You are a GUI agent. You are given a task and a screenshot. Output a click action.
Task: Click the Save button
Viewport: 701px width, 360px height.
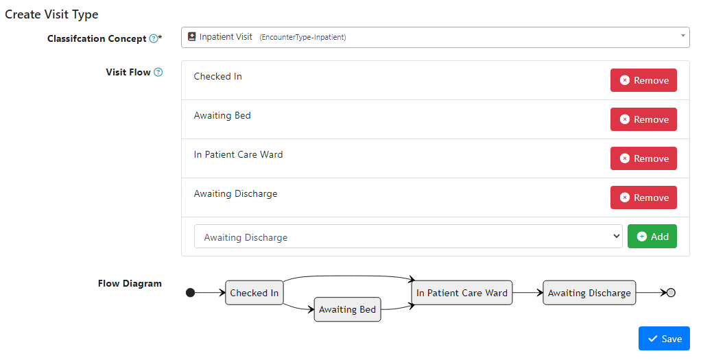[664, 339]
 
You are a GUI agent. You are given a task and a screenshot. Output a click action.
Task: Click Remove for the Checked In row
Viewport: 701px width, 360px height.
[643, 80]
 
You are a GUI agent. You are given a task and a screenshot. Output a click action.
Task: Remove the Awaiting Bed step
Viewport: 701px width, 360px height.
[643, 119]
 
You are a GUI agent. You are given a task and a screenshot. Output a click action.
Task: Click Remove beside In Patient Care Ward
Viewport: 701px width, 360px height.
[643, 158]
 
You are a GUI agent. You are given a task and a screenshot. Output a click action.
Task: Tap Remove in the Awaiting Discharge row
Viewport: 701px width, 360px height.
[643, 197]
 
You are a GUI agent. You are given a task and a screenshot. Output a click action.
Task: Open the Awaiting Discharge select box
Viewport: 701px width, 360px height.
[408, 237]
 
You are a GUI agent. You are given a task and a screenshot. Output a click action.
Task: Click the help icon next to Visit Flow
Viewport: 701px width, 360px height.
[158, 72]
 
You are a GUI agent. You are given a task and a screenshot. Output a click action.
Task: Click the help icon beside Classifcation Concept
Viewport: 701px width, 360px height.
[154, 39]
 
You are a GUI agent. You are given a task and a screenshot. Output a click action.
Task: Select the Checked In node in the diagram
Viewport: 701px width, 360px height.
[254, 293]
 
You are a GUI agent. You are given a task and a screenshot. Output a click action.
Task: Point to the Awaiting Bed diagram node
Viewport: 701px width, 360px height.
[347, 309]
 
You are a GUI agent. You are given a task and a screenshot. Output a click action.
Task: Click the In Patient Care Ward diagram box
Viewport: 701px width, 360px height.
[462, 293]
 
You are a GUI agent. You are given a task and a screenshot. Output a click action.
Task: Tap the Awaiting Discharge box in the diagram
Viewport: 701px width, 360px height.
[589, 293]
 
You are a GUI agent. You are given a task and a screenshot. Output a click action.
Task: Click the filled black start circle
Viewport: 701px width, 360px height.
[191, 293]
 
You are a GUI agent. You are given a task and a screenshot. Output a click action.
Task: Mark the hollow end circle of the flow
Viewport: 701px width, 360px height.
[671, 293]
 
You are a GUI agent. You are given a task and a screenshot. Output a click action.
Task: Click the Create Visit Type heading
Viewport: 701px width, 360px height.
[51, 14]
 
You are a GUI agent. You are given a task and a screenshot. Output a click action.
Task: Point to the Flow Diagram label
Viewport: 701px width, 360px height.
[130, 283]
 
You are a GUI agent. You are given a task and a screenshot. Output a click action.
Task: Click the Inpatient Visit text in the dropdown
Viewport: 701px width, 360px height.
[226, 37]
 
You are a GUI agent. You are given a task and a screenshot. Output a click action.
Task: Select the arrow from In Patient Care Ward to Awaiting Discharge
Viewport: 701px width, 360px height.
[527, 293]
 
